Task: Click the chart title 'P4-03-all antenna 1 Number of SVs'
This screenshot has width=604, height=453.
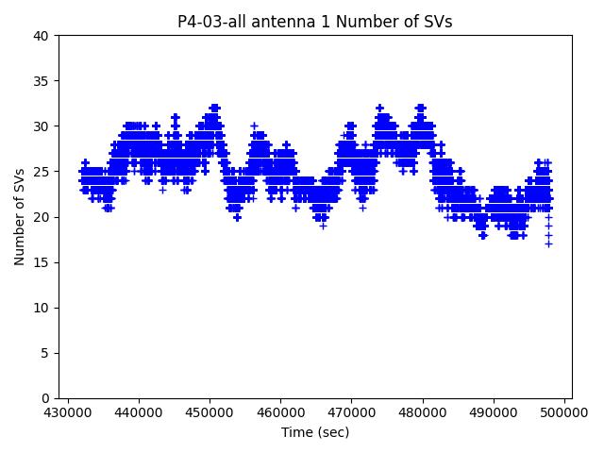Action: click(314, 22)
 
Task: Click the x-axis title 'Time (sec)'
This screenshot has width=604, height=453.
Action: click(314, 432)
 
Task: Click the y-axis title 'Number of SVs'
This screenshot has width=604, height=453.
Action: click(20, 217)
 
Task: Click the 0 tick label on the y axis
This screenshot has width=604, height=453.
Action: click(47, 398)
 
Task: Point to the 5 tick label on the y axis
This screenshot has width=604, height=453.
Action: click(47, 353)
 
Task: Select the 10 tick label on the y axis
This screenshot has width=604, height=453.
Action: click(43, 308)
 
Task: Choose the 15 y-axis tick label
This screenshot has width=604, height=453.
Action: click(43, 262)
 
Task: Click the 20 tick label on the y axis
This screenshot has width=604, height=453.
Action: click(43, 217)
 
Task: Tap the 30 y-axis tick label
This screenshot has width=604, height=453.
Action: click(43, 126)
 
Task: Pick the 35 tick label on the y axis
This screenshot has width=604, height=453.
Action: click(43, 81)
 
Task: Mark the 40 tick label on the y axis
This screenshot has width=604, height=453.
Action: click(43, 36)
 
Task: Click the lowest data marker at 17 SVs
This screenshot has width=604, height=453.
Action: click(548, 244)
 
